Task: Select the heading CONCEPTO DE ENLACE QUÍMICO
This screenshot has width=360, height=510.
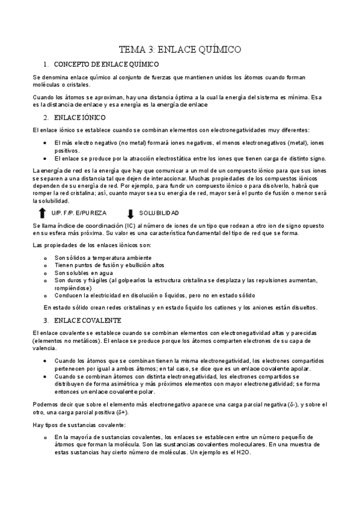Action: click(106, 64)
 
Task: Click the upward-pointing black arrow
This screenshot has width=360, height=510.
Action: click(41, 213)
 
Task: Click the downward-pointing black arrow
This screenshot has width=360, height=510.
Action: click(130, 214)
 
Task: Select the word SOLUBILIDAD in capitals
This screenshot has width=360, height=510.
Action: click(159, 214)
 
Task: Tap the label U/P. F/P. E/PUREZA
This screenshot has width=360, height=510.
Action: click(76, 214)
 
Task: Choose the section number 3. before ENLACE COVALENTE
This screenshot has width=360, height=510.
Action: click(46, 320)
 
